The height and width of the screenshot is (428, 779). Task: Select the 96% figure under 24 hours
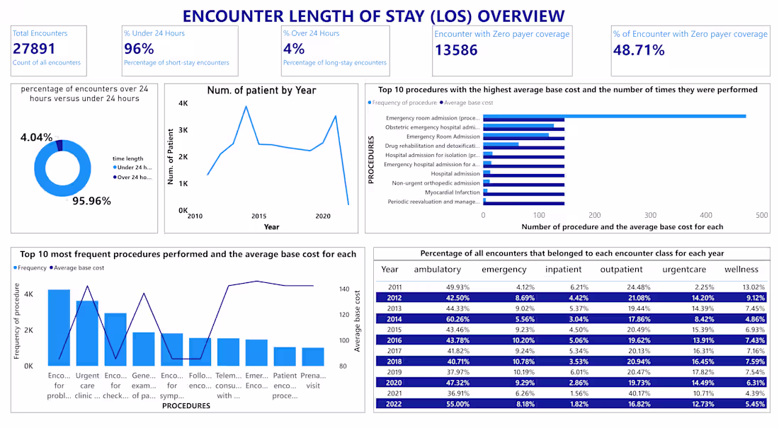point(139,48)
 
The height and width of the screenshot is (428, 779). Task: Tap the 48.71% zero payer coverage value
point(639,50)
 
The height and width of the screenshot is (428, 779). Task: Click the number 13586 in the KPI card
point(456,50)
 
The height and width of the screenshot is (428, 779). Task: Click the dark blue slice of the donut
point(59,145)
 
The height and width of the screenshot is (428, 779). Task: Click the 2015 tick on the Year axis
point(258,216)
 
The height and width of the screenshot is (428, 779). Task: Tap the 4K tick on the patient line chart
point(183,103)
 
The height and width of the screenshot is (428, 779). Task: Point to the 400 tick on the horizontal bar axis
point(706,215)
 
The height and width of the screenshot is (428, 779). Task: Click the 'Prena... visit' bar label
point(312,381)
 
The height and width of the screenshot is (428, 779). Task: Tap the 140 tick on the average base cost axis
point(345,289)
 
